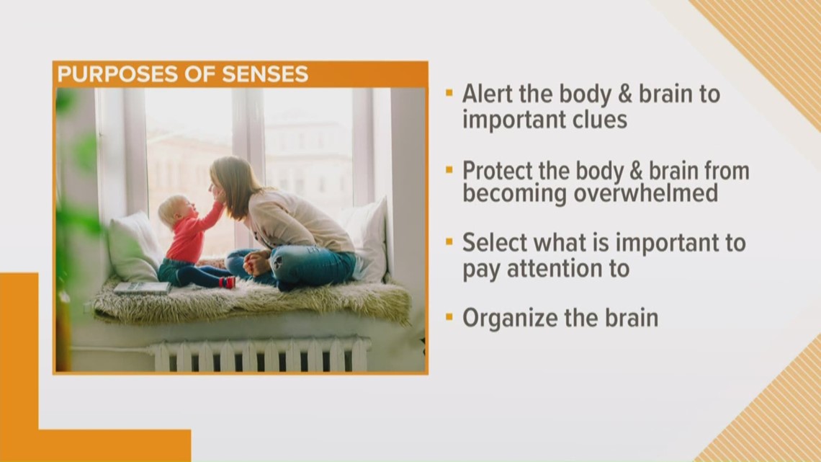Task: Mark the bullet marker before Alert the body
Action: coord(449,93)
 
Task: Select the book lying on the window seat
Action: coord(142,288)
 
